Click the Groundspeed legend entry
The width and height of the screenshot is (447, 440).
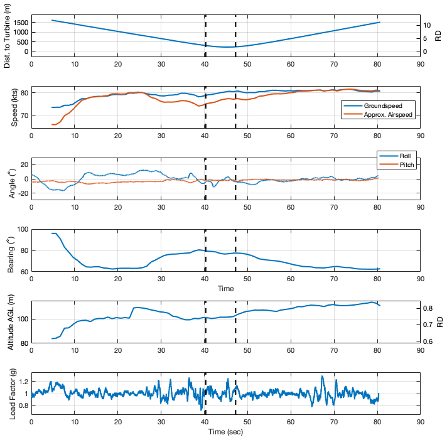(383, 105)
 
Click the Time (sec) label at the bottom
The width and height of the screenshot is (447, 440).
(225, 432)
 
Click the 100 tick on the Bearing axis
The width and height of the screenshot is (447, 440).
(21, 230)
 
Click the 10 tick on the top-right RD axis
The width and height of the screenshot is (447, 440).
(426, 25)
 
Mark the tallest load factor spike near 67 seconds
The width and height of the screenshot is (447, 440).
(322, 377)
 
